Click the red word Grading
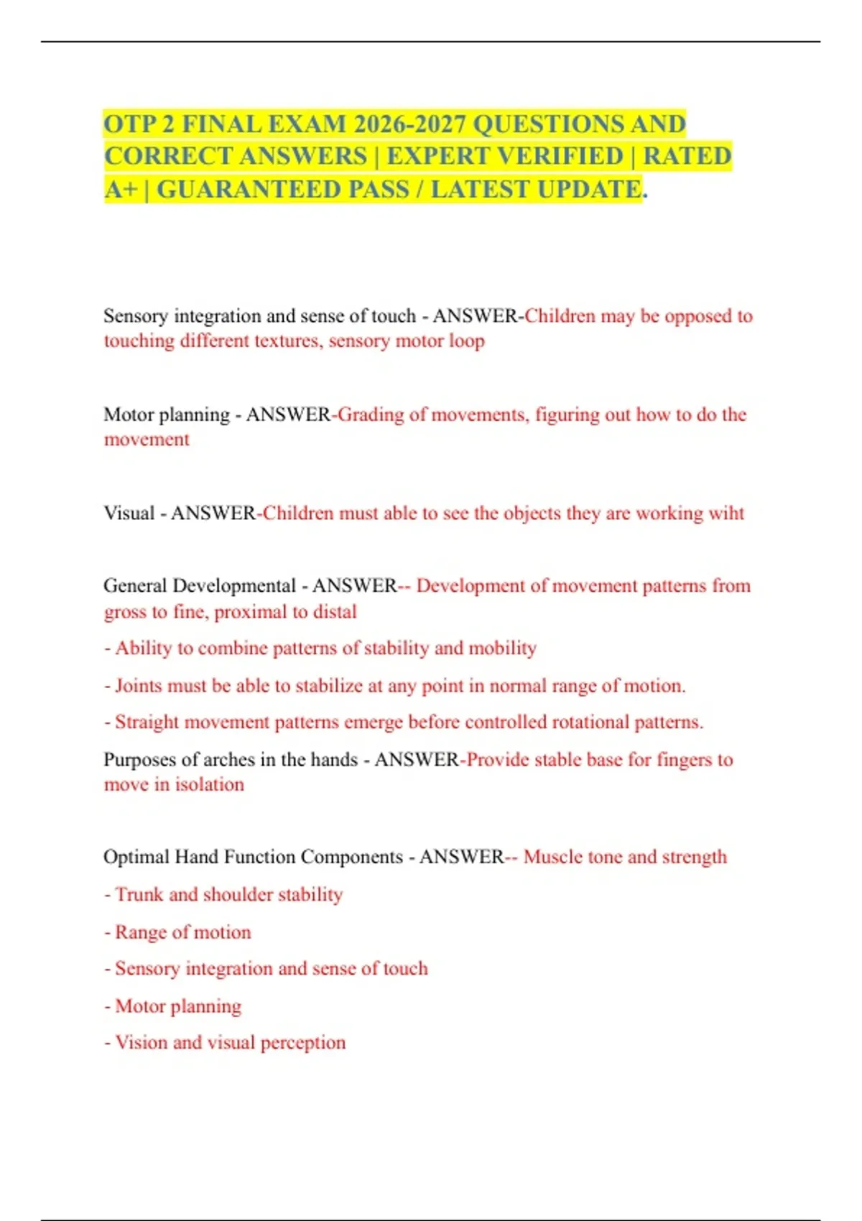coord(371,414)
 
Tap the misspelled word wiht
coord(726,513)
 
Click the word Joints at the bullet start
coord(138,686)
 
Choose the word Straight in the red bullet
coord(147,722)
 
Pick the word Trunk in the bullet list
coord(139,895)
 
